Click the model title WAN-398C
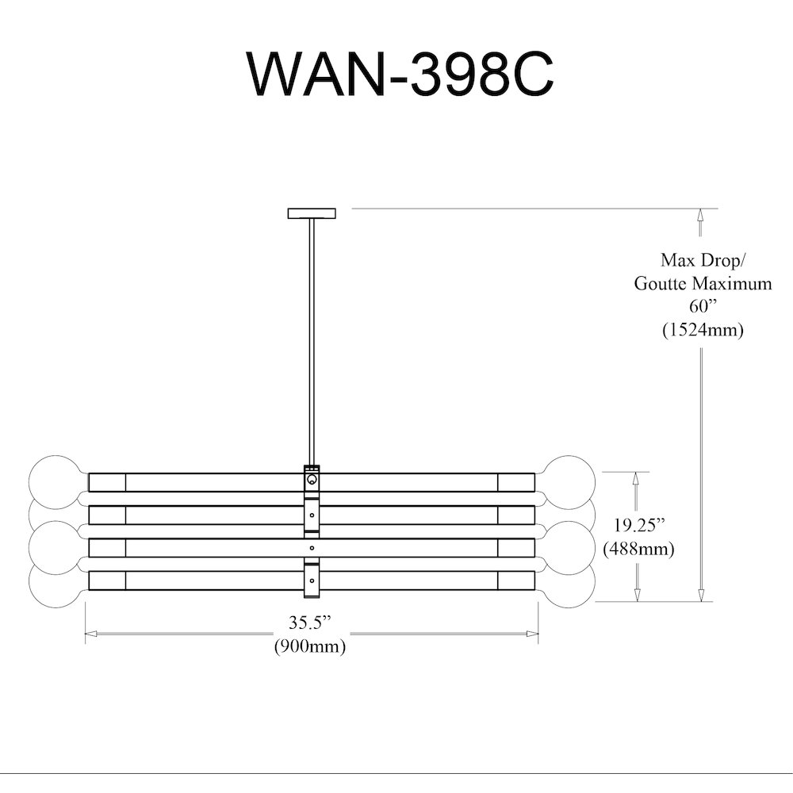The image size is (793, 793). point(400,74)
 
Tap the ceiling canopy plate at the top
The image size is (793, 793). point(312,213)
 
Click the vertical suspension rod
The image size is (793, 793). point(312,342)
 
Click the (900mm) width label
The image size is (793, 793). point(309,646)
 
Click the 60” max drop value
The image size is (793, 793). point(703,306)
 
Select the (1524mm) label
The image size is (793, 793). point(703,330)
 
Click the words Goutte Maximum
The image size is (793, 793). point(703,283)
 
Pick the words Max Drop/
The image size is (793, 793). point(703,260)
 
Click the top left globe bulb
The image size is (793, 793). point(56,481)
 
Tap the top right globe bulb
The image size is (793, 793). point(569,481)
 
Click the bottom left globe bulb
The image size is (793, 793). point(56,581)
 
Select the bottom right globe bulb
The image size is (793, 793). point(569,581)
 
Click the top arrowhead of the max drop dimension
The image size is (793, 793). point(700,214)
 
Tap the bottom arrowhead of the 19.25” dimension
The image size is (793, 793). point(638,596)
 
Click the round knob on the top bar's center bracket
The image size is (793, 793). point(312,479)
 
